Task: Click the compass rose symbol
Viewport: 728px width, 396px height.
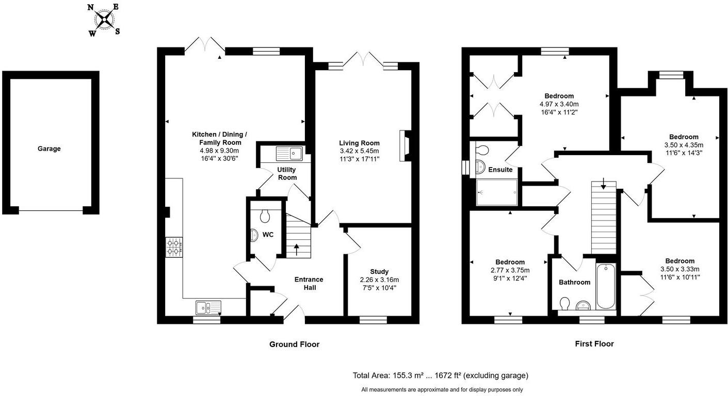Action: point(104,20)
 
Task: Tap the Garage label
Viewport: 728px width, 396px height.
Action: point(49,149)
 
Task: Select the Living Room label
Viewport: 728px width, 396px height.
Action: point(359,143)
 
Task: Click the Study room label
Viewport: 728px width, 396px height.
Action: point(379,272)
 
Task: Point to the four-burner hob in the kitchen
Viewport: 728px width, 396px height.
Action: point(174,247)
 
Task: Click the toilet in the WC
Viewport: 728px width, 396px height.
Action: point(265,216)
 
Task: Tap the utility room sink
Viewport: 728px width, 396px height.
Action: point(289,153)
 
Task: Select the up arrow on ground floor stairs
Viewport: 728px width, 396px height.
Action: point(296,250)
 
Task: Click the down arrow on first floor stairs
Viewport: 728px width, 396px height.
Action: point(604,184)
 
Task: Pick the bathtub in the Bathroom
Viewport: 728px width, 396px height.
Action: point(606,286)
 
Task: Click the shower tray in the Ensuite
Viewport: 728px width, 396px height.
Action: point(497,192)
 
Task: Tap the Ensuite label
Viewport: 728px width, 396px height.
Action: point(500,170)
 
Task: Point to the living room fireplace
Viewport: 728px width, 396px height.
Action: point(405,146)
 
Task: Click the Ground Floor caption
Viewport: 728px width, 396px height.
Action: point(295,344)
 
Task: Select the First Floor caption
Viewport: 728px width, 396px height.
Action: point(594,344)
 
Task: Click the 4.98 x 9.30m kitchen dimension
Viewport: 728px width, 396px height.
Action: point(219,151)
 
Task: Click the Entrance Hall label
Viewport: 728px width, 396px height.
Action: point(309,284)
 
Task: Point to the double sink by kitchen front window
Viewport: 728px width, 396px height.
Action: point(208,308)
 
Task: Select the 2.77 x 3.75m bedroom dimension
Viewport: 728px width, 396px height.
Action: point(510,270)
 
